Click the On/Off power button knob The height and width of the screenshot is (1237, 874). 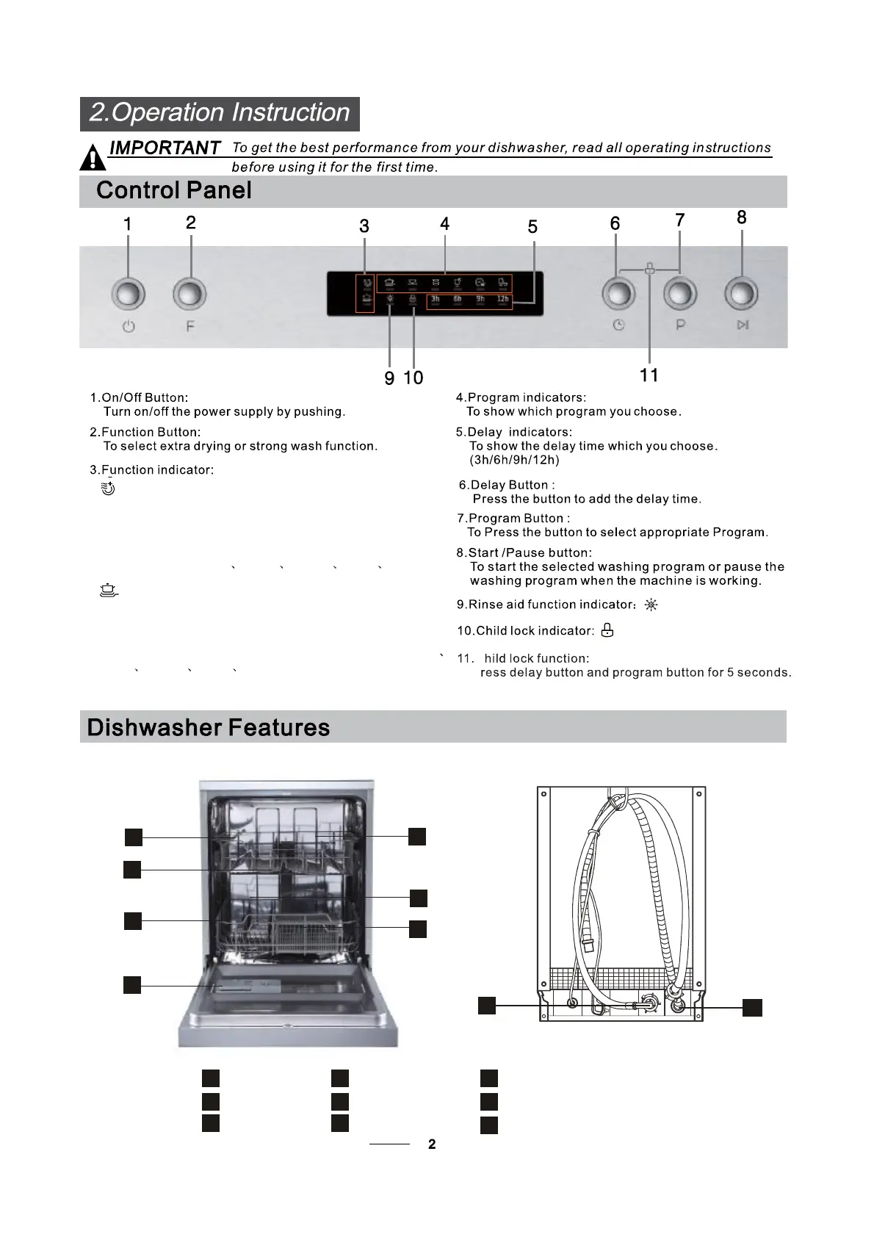point(128,295)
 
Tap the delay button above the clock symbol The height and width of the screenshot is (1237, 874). point(618,293)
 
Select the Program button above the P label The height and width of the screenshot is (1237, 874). point(680,293)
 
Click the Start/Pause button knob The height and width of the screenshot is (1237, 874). point(741,293)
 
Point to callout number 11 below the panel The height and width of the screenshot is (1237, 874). point(649,375)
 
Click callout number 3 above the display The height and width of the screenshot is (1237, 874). point(364,226)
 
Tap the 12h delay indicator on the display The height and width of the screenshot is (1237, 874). point(502,300)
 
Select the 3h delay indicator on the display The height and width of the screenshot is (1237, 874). point(436,300)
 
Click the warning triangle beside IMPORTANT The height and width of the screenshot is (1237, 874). point(93,158)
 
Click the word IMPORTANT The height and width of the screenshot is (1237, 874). point(165,148)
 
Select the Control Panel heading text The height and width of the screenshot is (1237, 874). point(174,191)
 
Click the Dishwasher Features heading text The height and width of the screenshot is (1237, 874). point(209,728)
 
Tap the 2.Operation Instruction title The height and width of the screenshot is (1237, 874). point(220,113)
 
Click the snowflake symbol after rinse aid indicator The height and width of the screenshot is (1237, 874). point(651,605)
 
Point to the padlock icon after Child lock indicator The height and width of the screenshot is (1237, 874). point(607,630)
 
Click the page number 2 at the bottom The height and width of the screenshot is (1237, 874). point(432,1144)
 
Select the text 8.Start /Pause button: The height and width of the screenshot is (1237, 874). point(524,552)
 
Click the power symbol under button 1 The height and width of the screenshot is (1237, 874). point(129,327)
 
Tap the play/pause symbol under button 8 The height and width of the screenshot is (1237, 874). point(743,325)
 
